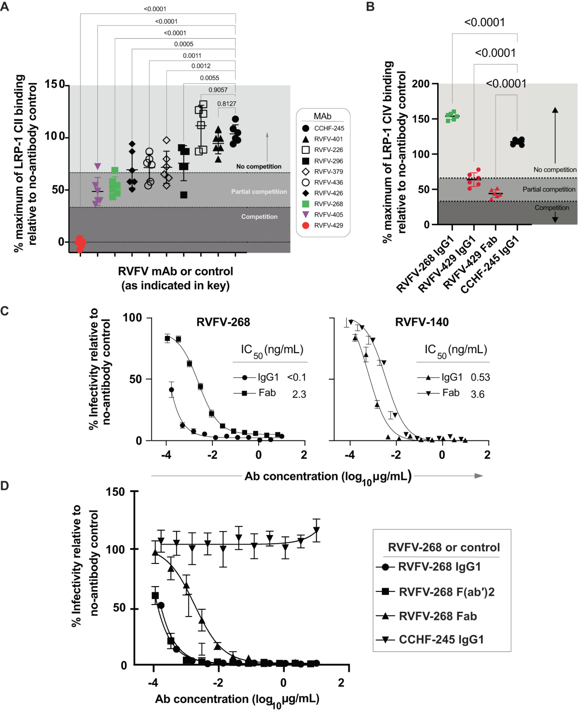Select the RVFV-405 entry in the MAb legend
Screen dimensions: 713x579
click(328, 215)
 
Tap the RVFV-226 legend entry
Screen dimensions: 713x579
click(328, 150)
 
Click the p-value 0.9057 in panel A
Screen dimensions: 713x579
click(218, 90)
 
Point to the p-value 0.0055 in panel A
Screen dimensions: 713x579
click(209, 78)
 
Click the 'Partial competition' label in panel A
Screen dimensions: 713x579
click(259, 192)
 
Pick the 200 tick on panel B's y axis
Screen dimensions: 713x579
click(421, 84)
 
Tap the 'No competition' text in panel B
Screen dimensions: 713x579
click(555, 170)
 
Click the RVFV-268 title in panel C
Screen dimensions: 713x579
click(223, 322)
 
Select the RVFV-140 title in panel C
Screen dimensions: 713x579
click(422, 322)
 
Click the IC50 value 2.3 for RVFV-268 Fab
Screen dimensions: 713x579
click(299, 394)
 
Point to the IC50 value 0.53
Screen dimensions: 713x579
click(480, 377)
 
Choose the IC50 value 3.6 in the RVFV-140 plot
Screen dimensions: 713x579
click(478, 394)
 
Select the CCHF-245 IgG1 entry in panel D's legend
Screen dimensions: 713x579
click(441, 640)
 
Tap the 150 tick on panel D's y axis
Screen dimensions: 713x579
click(115, 492)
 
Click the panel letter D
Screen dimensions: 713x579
click(5, 485)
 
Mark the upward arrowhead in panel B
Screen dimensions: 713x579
click(555, 110)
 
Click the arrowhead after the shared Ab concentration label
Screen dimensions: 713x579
click(479, 476)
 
